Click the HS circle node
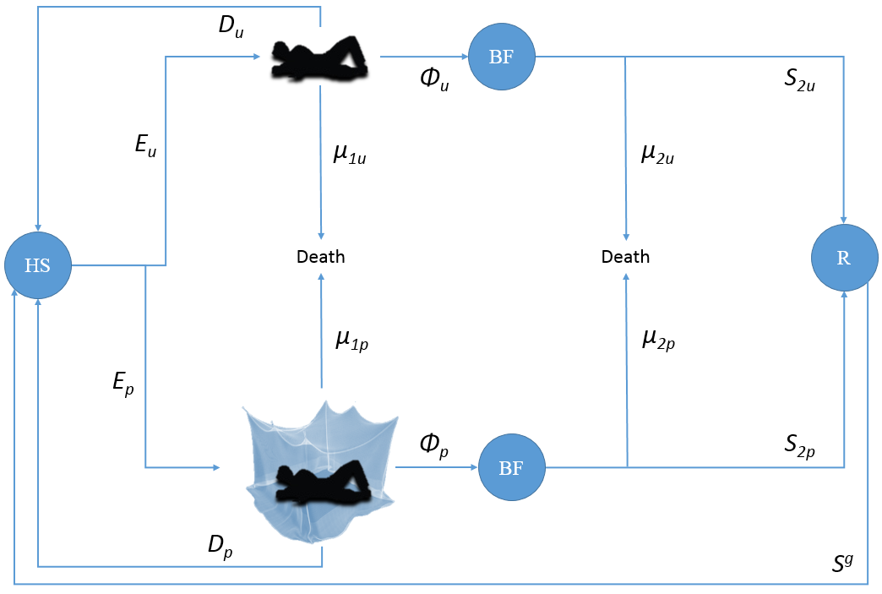coord(37,264)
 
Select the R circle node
coord(843,259)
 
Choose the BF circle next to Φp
coord(511,467)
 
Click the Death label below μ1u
coord(321,257)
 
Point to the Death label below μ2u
coord(625,257)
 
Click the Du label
coord(232,25)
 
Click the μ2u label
coord(657,155)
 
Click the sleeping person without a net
coord(319,58)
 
